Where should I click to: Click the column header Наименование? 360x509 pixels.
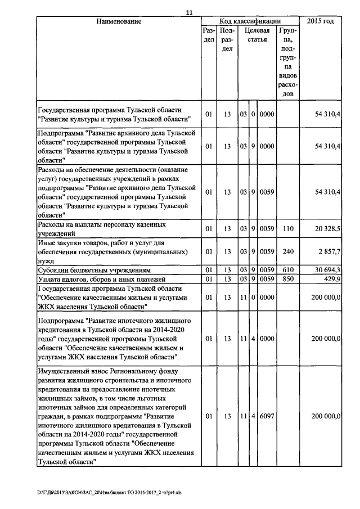pos(118,21)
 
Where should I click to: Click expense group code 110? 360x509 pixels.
pos(288,228)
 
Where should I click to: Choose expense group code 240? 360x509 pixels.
pos(288,251)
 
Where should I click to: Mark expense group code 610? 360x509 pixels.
pos(288,270)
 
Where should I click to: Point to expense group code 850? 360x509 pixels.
pos(288,279)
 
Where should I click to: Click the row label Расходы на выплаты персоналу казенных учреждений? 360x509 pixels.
pos(101,228)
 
